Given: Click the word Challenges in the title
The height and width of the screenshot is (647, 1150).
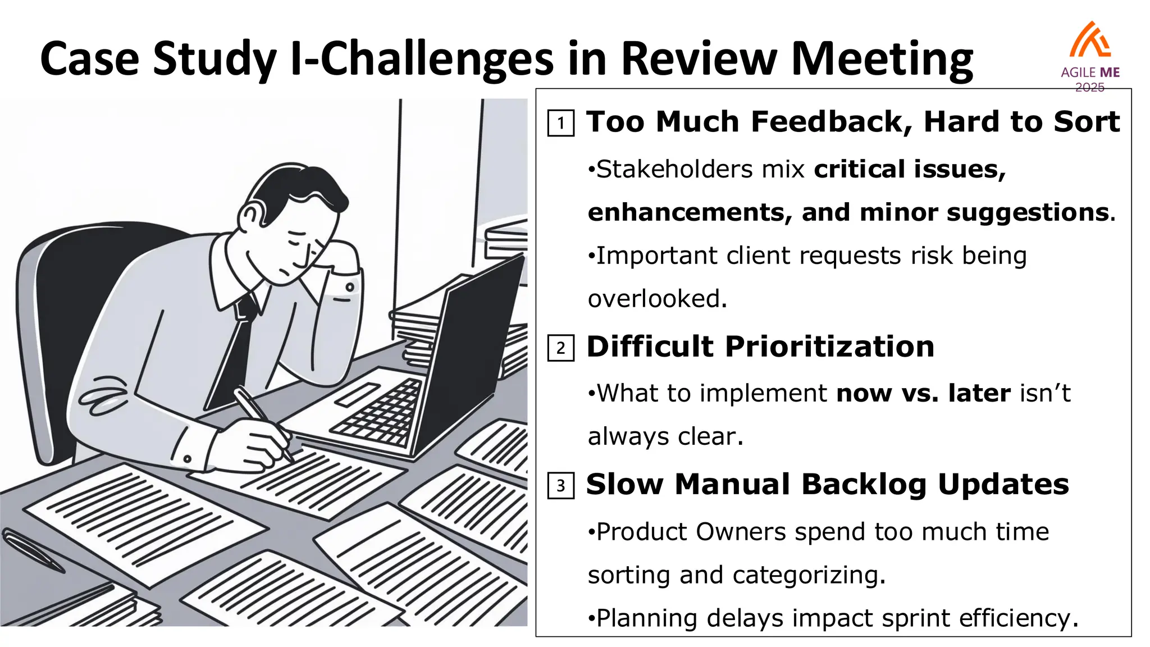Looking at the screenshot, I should (x=437, y=60).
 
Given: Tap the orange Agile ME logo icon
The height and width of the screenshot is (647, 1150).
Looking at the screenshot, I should (x=1090, y=40).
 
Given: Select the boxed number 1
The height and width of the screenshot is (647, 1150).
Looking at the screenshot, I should (x=560, y=123).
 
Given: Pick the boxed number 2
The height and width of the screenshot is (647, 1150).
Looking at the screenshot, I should (x=560, y=348).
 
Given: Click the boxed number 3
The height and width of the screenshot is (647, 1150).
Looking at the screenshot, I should (x=560, y=486).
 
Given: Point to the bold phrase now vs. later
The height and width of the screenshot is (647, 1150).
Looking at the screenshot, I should (x=923, y=393).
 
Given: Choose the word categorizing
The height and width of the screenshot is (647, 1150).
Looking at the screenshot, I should (x=809, y=575).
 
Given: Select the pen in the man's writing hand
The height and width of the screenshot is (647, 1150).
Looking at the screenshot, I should (x=263, y=421).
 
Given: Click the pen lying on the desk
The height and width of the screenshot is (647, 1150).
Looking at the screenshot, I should (x=34, y=550).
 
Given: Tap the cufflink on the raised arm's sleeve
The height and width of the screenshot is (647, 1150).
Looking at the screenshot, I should (x=350, y=287).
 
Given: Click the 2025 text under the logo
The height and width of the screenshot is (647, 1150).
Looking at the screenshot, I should (x=1090, y=87).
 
